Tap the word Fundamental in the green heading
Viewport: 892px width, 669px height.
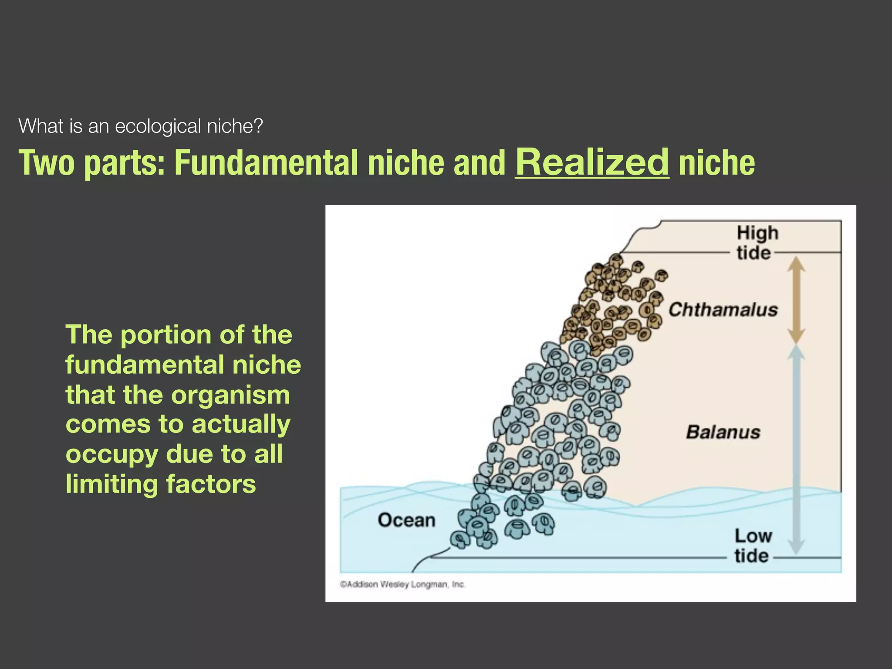tap(266, 163)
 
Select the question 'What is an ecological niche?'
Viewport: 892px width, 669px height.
tap(141, 126)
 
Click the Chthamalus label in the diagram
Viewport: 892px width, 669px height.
tap(723, 310)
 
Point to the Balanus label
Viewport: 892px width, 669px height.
tap(723, 432)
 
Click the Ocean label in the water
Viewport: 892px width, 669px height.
tap(406, 520)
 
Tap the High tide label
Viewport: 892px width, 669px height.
tap(757, 243)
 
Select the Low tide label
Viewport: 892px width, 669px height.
tap(753, 545)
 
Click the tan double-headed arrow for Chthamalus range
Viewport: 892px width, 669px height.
tap(796, 300)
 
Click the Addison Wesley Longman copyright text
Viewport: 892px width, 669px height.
tap(402, 584)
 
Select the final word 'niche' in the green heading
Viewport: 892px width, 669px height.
tap(716, 163)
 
